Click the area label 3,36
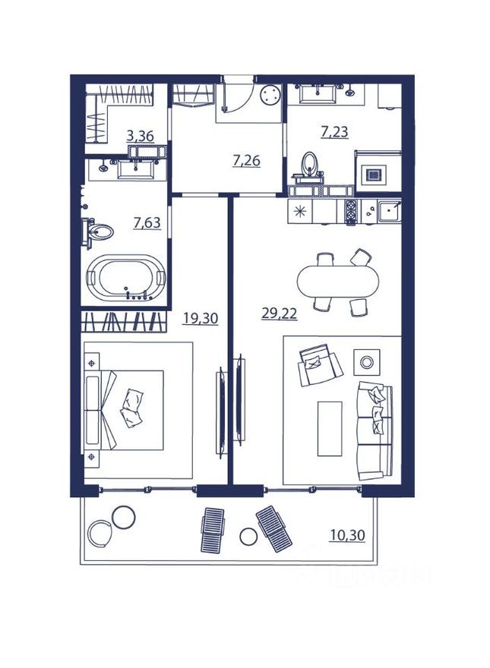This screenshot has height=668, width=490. pos(139,137)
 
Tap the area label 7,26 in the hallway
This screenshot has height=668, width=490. pos(247,160)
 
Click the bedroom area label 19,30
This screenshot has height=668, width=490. pos(200,319)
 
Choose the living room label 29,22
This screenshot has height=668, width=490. pos(279,313)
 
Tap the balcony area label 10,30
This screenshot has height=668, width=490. pos(348,535)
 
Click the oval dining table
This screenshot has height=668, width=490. pos(337,282)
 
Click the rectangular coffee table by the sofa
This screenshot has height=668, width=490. pos(330,429)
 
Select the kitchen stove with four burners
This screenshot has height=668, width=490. pos(351,213)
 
